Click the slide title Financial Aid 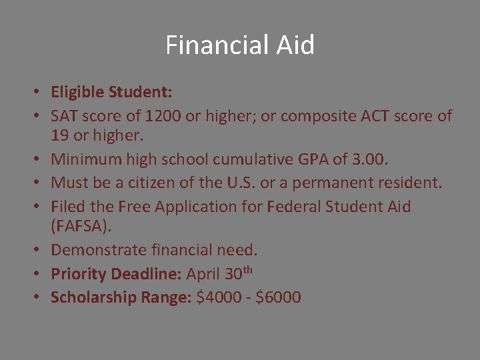240,45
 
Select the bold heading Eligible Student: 111,92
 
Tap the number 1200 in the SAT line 163,116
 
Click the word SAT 65,116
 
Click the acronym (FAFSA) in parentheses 81,227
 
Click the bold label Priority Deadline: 117,274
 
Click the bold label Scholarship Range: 121,297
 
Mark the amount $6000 279,297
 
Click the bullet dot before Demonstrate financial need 41,251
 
